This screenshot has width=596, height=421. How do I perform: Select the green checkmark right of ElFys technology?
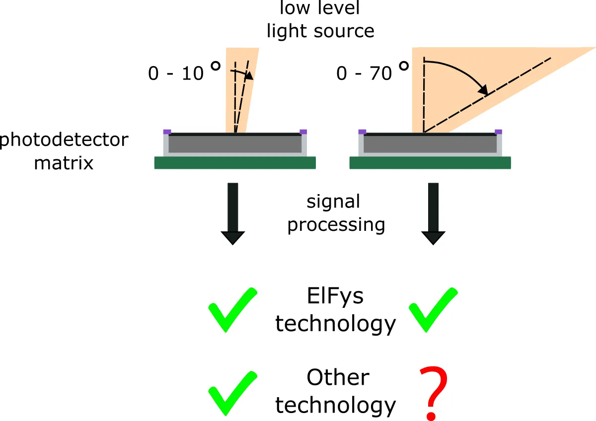pos(433,309)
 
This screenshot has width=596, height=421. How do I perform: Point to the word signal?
pos(333,203)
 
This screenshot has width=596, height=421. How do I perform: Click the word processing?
pos(336,225)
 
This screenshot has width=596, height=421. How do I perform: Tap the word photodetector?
pos(64,140)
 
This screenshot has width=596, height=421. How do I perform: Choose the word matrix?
pos(64,163)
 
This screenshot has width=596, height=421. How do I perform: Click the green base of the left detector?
pos(235,163)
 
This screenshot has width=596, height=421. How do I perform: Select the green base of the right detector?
pos(430,163)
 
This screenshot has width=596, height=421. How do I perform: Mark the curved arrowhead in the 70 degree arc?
pos(481,90)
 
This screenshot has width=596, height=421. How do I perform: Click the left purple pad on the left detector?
pos(167,132)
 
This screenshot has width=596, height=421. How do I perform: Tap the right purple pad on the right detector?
pos(498,132)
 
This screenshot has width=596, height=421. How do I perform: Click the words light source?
pos(320,31)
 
